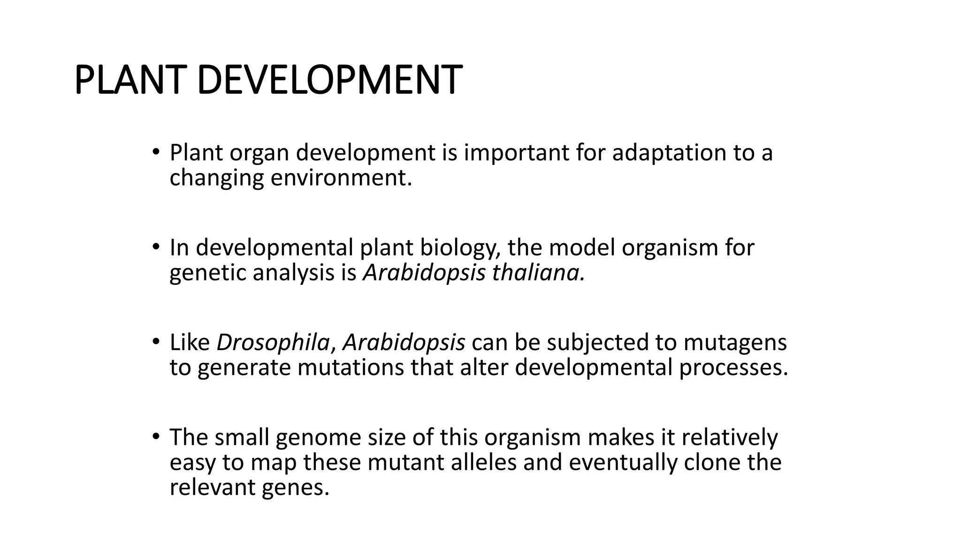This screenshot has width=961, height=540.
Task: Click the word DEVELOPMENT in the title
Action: [329, 80]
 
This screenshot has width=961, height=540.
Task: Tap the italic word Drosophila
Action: [273, 342]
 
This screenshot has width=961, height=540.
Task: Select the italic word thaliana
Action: [538, 273]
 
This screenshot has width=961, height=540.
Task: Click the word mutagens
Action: [735, 342]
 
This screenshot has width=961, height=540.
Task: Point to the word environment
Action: [341, 178]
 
